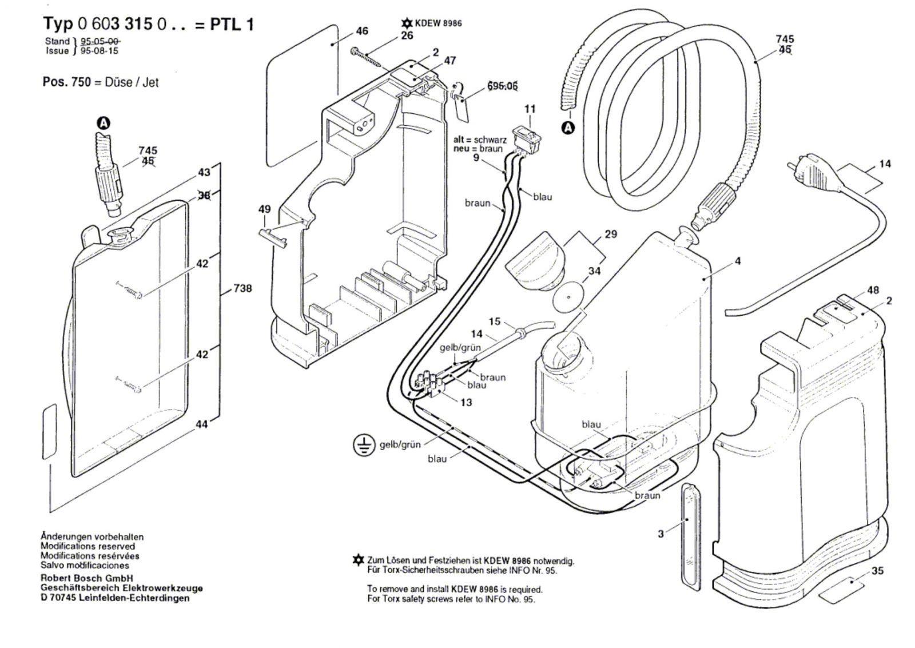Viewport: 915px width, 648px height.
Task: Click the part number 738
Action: coord(242,288)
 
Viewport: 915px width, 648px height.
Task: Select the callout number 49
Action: coord(264,209)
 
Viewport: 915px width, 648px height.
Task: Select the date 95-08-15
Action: coord(100,50)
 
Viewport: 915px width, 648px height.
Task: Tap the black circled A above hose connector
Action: coord(103,123)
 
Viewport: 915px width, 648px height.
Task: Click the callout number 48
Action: coord(873,290)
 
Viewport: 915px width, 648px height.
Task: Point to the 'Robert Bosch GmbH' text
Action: coord(86,578)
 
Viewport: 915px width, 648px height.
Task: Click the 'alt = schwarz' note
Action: coord(480,140)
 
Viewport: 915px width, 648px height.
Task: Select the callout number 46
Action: coord(362,31)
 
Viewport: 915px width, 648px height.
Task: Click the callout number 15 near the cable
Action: coord(494,321)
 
